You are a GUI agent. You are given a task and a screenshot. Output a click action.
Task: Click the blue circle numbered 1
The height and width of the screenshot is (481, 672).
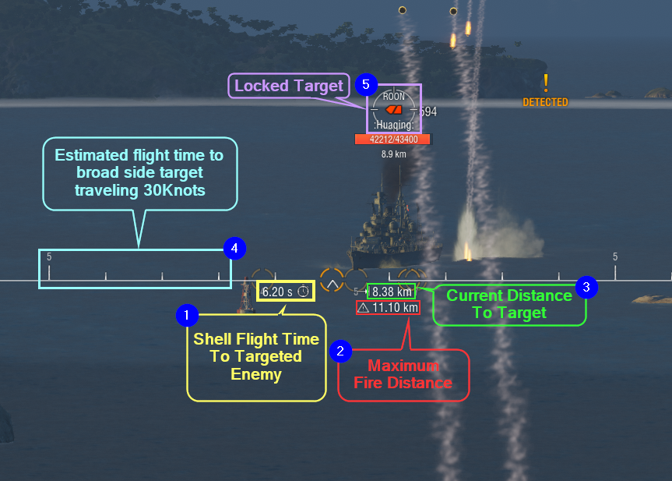point(187,315)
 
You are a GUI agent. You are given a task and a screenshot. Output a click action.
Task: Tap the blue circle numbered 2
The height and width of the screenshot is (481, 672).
point(340,352)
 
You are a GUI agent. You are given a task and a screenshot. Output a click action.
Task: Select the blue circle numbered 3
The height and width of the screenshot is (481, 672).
point(586,287)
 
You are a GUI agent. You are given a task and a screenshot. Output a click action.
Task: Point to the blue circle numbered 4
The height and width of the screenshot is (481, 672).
point(234,249)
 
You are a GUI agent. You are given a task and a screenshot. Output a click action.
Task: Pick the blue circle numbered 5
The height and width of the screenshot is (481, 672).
point(366,84)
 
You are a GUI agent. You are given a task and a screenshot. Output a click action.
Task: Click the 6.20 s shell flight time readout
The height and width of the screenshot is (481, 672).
point(286,292)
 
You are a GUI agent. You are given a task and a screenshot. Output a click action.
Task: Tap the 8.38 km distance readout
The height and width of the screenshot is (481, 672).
point(392,292)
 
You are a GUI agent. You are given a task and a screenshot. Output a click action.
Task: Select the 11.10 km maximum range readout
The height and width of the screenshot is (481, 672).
point(388,308)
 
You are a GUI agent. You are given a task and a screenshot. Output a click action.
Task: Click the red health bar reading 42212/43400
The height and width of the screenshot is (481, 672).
point(392,140)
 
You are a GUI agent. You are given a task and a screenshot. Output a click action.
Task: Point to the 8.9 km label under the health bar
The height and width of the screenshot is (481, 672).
point(393,154)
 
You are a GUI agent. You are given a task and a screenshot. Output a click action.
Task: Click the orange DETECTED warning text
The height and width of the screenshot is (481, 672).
point(545,102)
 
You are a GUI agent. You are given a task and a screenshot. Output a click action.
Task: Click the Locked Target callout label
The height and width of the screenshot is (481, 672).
point(289,86)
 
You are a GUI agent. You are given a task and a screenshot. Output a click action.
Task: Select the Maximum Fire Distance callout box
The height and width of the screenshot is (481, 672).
point(403,375)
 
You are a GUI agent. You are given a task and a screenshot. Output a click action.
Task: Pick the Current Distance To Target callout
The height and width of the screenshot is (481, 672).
point(509,304)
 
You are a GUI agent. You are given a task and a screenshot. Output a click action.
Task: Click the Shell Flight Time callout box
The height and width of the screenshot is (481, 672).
point(256,357)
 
